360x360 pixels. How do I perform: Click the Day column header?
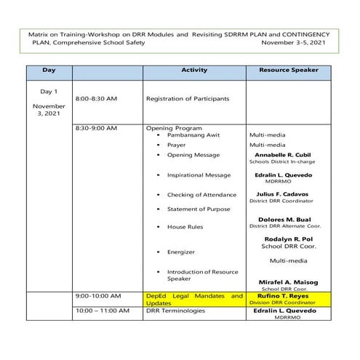(x=49, y=70)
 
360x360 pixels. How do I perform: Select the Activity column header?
(x=194, y=70)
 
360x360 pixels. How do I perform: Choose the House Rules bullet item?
(x=185, y=227)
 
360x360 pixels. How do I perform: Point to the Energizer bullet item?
(x=181, y=252)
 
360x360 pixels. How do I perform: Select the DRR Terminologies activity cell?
(x=175, y=311)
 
